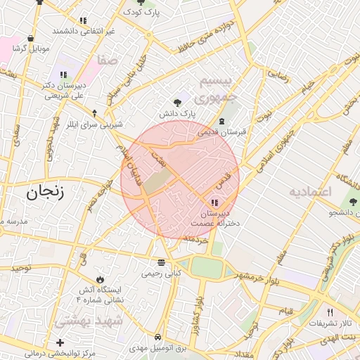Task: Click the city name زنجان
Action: pos(44,191)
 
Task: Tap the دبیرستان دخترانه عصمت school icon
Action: pos(214,203)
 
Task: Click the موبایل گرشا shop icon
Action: pos(30,39)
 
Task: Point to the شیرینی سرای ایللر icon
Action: pos(95,112)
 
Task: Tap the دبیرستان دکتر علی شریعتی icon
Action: pos(64,75)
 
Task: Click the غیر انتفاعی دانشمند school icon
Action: pos(83,21)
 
